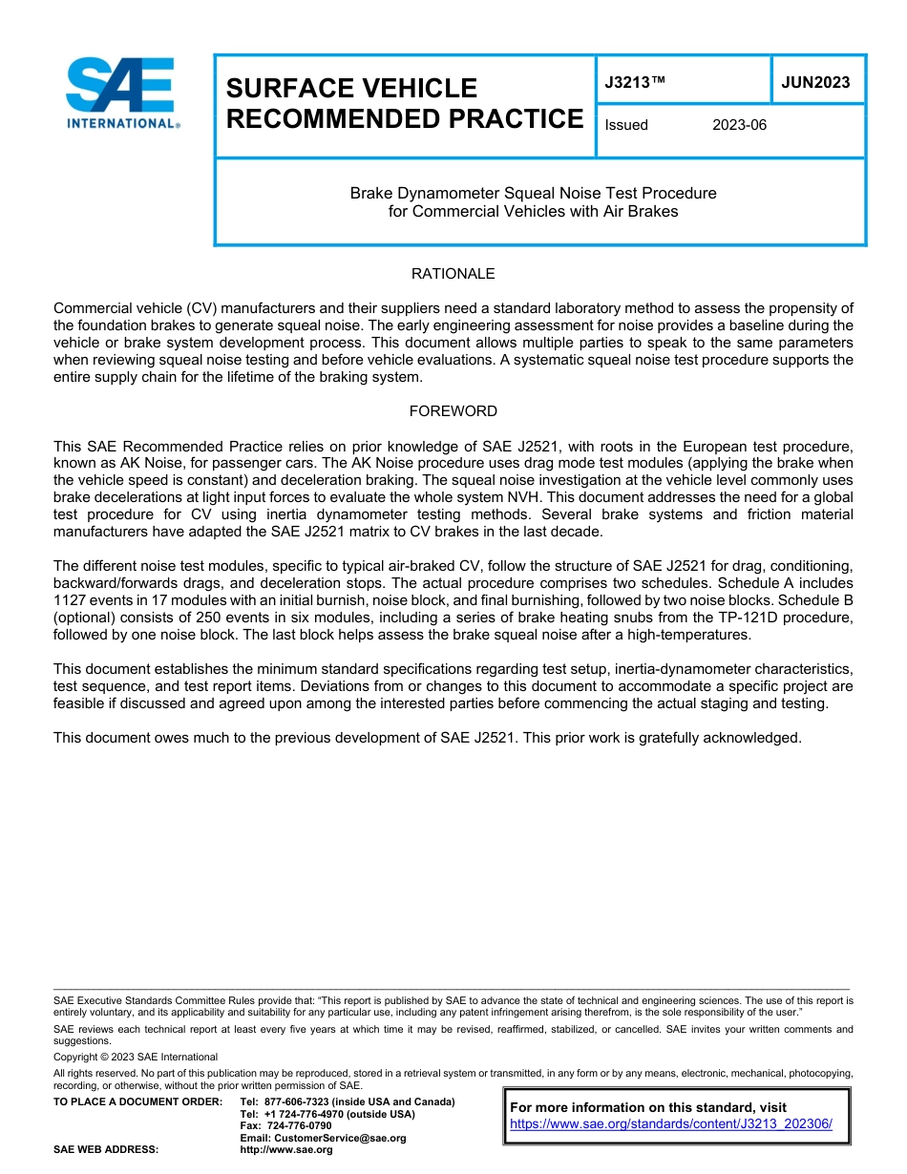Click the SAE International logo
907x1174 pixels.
point(122,93)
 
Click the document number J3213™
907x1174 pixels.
point(635,83)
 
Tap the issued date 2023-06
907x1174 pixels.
point(739,125)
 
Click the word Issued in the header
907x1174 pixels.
point(626,125)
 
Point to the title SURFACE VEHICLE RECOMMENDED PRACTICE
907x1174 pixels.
point(404,103)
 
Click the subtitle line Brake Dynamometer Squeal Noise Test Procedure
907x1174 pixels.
point(533,193)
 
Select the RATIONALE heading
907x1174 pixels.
point(453,274)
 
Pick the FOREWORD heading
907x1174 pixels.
point(453,411)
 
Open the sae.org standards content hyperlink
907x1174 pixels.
point(671,1124)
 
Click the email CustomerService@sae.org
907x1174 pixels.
point(323,1138)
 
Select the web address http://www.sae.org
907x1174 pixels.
point(286,1149)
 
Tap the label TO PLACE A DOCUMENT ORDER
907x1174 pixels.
point(137,1101)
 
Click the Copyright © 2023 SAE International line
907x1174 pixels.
point(136,1057)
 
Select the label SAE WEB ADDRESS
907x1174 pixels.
point(105,1149)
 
